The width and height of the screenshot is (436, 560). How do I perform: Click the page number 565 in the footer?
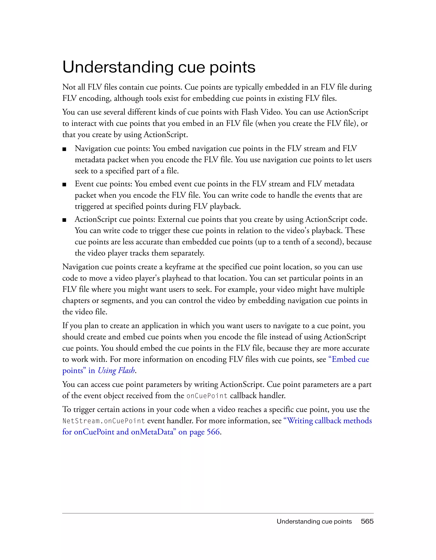pos(367,521)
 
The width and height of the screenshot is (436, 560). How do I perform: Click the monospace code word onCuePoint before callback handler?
pos(207,396)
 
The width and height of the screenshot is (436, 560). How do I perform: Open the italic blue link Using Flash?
pos(116,370)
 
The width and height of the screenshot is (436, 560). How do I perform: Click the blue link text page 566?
pos(205,432)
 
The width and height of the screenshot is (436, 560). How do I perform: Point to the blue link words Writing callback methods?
pos(329,421)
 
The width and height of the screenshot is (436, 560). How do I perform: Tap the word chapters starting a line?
pos(76,301)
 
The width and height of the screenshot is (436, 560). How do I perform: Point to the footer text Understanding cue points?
pos(314,521)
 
